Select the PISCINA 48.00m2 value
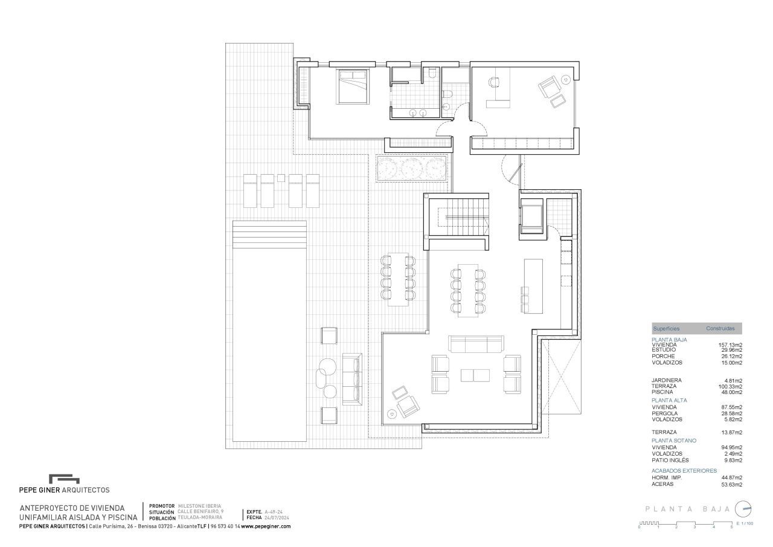(730, 392)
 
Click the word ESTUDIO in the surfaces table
(664, 350)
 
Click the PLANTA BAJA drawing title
(688, 509)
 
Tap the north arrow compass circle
(743, 509)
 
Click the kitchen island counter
(533, 286)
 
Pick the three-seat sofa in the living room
(476, 344)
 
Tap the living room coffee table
(475, 375)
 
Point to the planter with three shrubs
(412, 169)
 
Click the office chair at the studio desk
(494, 82)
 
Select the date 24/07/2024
(277, 518)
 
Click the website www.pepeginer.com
(266, 526)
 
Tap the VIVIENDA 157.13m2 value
(730, 345)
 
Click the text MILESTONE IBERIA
(199, 506)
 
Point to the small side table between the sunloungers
(281, 178)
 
